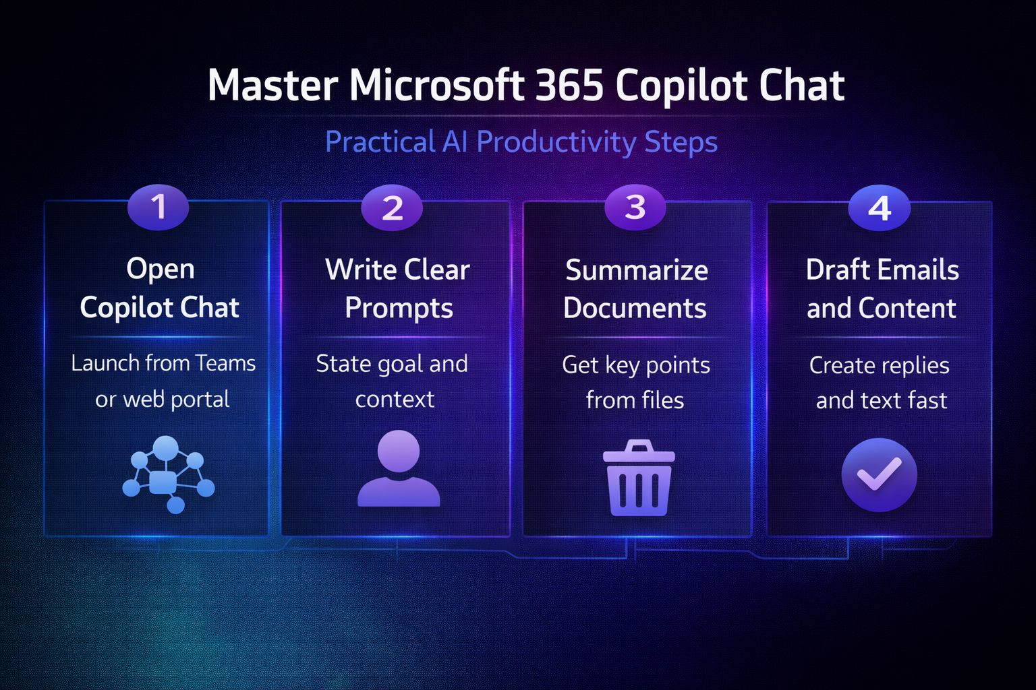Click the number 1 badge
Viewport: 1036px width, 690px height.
tap(159, 207)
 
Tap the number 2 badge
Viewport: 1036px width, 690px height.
tap(392, 208)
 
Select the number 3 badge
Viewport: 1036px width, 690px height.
tap(635, 207)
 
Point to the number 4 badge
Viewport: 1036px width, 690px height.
tap(880, 208)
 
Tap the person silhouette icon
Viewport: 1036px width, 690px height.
tap(399, 468)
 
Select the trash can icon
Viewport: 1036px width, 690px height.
tap(639, 478)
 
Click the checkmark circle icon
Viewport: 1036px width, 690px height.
tap(880, 474)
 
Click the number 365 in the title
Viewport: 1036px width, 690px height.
tap(569, 85)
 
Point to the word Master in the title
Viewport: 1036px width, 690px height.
tap(273, 85)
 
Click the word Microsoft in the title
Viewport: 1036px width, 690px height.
tap(436, 85)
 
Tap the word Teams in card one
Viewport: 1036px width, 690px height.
tap(225, 363)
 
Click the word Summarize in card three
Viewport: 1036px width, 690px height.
tap(637, 270)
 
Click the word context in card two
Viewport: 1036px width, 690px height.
tap(395, 400)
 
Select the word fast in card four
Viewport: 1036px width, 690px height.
tap(927, 400)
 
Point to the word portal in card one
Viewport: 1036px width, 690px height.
tap(200, 400)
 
